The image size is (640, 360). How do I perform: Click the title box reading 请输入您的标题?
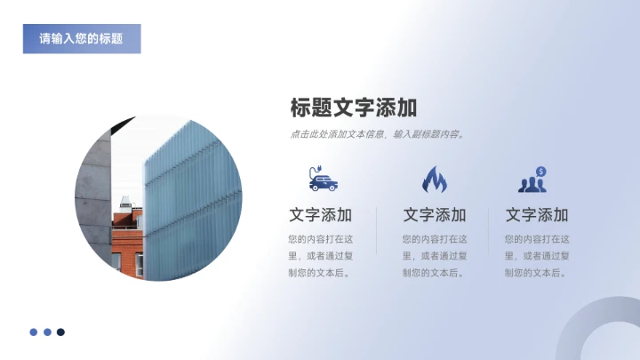coord(82,39)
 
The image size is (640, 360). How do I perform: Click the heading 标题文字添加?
coord(354,108)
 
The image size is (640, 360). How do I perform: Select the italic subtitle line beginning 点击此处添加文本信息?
coord(378,135)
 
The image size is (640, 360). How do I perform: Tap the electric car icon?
coord(322,180)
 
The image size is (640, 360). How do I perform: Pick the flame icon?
coord(435,180)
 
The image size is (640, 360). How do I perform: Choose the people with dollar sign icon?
coord(533,181)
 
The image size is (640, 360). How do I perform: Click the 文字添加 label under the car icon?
coord(321,215)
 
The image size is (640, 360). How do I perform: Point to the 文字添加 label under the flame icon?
coord(435,215)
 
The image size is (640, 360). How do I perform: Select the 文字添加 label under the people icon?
coord(537,215)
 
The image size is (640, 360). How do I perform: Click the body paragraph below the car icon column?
coord(321,256)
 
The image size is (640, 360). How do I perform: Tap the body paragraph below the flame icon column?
coord(435,256)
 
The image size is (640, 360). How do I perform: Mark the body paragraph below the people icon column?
coord(537,256)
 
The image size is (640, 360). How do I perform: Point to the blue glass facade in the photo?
coord(191,196)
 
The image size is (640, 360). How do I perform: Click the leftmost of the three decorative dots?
coord(34,332)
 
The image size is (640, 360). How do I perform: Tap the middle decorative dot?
coord(47,332)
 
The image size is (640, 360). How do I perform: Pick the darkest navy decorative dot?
coord(60,332)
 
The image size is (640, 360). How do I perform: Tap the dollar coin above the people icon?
coord(540,171)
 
